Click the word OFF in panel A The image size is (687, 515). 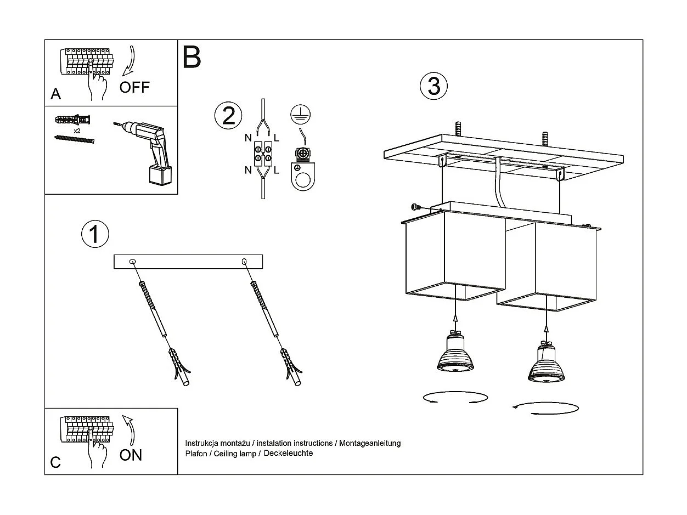tap(134, 87)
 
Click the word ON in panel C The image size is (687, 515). tap(131, 455)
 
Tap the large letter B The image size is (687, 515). tap(192, 57)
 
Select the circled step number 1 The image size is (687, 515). tap(95, 234)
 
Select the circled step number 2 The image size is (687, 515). tap(228, 116)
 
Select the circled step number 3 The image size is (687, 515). tap(433, 86)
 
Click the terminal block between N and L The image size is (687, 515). tap(262, 154)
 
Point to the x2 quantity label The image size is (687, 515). tap(77, 131)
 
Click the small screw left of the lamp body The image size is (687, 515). tap(416, 207)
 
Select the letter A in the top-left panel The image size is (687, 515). tap(55, 94)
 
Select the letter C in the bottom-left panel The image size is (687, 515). tap(55, 462)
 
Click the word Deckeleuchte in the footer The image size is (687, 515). tap(288, 454)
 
